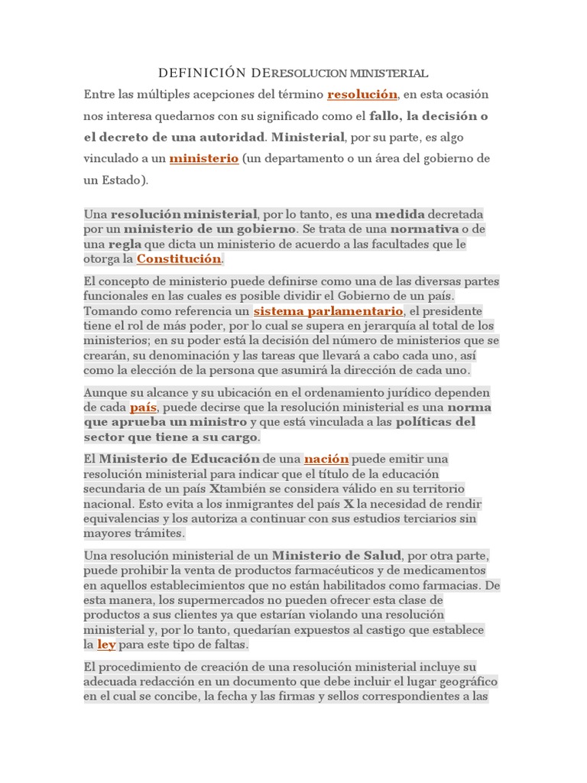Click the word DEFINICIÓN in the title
coord(201,73)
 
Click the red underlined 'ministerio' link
coord(203,159)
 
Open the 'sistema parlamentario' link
coord(328,311)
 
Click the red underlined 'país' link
coord(142,407)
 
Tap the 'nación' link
coord(326,459)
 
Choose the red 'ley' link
coord(106,645)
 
